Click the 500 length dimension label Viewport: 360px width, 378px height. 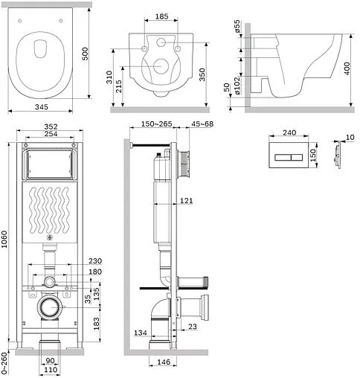[x=85, y=54]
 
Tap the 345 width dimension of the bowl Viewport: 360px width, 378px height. [x=42, y=107]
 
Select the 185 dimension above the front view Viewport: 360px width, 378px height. [x=161, y=16]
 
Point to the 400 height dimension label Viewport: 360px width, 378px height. [x=347, y=68]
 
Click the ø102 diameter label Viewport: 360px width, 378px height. [x=237, y=86]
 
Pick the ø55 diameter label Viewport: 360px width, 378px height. [x=237, y=26]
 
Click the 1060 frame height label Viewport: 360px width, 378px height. [x=4, y=239]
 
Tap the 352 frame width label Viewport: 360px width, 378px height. [x=51, y=126]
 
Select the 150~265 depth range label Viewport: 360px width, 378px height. [x=157, y=124]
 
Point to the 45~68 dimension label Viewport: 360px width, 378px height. [x=202, y=124]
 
